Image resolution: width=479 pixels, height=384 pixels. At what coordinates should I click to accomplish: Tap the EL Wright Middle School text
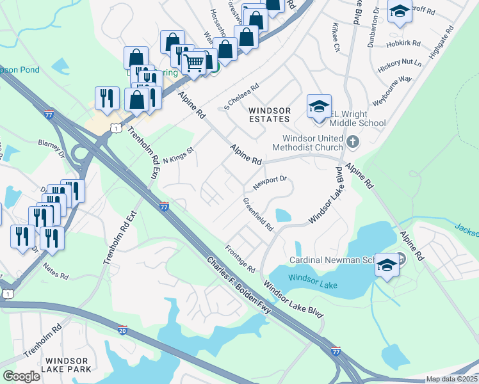(x=358, y=124)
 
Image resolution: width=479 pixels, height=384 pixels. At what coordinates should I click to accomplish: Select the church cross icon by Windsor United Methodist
(x=352, y=140)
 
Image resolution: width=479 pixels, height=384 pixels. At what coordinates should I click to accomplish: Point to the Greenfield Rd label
(x=257, y=214)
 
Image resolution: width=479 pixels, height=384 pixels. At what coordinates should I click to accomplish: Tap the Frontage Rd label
(x=240, y=258)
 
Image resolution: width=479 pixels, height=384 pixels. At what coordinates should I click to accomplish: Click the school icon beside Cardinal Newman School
(x=387, y=265)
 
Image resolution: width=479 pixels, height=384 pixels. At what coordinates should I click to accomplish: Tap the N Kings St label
(x=178, y=154)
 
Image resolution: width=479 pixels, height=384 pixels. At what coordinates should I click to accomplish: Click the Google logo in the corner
(x=21, y=376)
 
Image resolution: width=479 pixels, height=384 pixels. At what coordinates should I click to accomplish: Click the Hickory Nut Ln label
(x=400, y=63)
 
